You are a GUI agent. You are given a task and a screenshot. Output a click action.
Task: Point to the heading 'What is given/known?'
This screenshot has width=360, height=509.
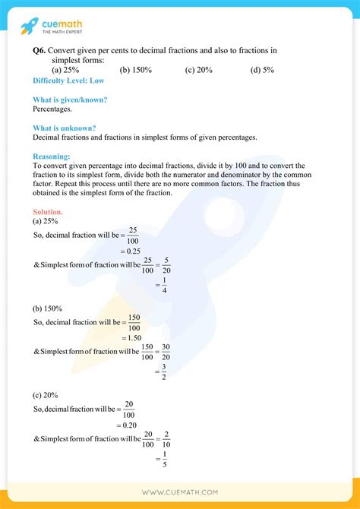(70, 100)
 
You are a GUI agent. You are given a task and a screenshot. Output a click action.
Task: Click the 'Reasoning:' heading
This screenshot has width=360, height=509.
(52, 156)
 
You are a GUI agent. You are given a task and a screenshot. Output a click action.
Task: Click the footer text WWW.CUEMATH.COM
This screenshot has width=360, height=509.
(179, 492)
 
